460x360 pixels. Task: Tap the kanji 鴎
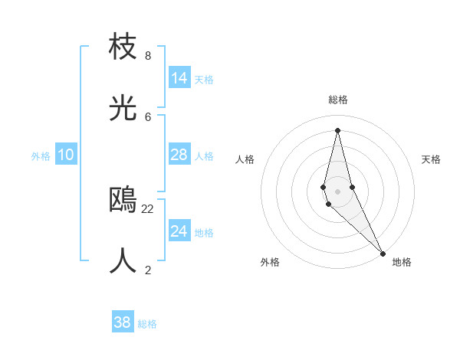pyautogui.click(x=123, y=199)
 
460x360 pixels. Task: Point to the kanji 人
pyautogui.click(x=123, y=260)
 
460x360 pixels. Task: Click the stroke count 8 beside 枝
pyautogui.click(x=148, y=56)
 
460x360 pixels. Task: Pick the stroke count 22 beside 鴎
pyautogui.click(x=148, y=208)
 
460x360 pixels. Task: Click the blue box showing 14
pyautogui.click(x=179, y=78)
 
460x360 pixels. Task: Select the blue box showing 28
pyautogui.click(x=179, y=155)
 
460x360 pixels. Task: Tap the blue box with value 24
pyautogui.click(x=179, y=231)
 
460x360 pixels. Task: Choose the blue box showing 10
pyautogui.click(x=66, y=155)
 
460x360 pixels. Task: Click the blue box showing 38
pyautogui.click(x=123, y=322)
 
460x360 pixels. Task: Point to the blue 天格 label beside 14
pyautogui.click(x=204, y=80)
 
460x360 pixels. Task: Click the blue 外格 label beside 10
pyautogui.click(x=41, y=156)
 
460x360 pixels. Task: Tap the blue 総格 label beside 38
pyautogui.click(x=147, y=324)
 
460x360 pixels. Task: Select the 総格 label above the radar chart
pyautogui.click(x=338, y=100)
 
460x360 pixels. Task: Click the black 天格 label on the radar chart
pyautogui.click(x=431, y=159)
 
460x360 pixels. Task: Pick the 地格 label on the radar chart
pyautogui.click(x=402, y=262)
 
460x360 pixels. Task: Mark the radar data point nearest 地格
pyautogui.click(x=383, y=253)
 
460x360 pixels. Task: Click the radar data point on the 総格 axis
pyautogui.click(x=337, y=130)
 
